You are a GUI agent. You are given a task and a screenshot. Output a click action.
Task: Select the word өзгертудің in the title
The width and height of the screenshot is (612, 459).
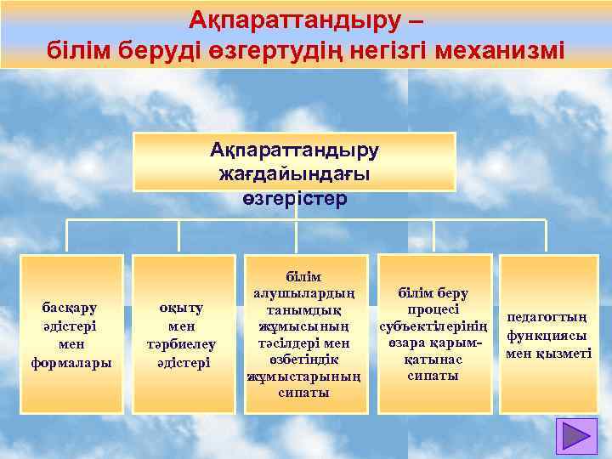pos(274,48)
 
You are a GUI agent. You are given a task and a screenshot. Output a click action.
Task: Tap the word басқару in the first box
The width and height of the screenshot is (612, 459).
pos(69,307)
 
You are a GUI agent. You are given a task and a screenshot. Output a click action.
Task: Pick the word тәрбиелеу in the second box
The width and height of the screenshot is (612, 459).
pos(181,344)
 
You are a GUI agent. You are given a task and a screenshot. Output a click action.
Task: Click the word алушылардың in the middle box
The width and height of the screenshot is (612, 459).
pos(304,293)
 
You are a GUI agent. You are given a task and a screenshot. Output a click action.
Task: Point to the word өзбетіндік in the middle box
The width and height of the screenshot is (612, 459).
pos(304,360)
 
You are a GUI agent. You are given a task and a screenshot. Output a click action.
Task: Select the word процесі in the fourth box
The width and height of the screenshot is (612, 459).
pos(433,309)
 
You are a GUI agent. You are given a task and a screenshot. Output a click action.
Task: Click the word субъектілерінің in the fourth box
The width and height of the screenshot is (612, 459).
pos(433,326)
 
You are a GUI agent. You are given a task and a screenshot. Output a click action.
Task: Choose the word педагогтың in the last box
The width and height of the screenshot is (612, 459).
pos(548,317)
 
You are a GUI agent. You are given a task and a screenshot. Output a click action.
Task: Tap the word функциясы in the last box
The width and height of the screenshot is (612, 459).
pos(548,335)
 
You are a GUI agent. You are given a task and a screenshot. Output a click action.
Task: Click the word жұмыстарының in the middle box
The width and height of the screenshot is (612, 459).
pos(304,376)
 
